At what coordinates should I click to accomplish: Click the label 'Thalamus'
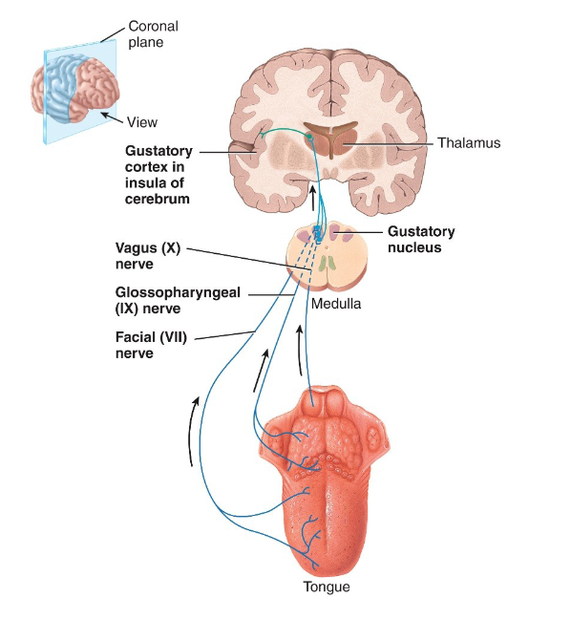click(469, 143)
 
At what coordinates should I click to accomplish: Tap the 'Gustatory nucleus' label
click(420, 239)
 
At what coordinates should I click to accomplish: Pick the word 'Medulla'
click(334, 304)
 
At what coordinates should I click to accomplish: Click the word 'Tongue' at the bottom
click(326, 587)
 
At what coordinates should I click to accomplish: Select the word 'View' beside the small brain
click(142, 122)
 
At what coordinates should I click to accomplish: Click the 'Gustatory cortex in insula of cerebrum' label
click(159, 175)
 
